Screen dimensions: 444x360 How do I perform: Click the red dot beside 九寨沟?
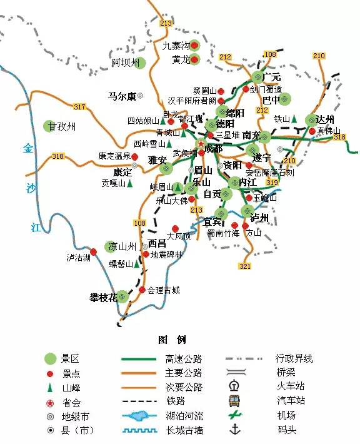tap(194, 45)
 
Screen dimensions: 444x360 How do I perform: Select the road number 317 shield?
tap(79, 107)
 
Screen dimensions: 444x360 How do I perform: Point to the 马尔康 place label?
tap(122, 96)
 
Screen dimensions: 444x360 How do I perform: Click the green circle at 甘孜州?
tap(50, 126)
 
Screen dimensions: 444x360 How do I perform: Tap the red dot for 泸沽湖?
tap(94, 251)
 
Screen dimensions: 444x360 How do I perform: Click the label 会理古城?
tap(163, 290)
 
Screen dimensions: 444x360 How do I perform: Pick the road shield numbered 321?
tap(244, 266)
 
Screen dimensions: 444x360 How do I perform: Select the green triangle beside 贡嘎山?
tap(130, 184)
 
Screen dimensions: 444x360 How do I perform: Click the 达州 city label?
tap(325, 119)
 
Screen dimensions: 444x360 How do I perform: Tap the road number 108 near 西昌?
tap(139, 224)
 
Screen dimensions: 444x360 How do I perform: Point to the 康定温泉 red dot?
tap(134, 156)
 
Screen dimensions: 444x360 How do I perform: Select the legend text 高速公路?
tap(184, 359)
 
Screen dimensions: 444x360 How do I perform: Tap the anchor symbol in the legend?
tap(235, 429)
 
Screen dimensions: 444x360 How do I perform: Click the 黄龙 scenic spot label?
tap(180, 60)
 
